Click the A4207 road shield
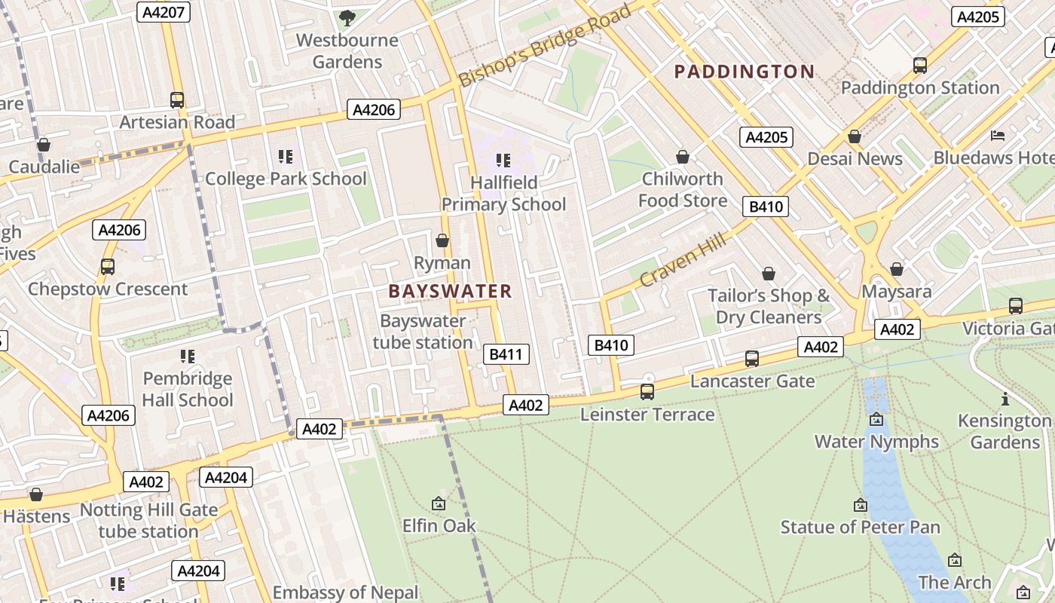tap(163, 12)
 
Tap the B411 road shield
tap(506, 354)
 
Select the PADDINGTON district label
tap(744, 72)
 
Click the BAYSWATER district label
tap(450, 291)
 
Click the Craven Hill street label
tap(683, 260)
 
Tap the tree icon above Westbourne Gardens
tap(347, 18)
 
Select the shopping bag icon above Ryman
tap(442, 240)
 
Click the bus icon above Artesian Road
tap(177, 99)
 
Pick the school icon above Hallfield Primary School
tap(503, 160)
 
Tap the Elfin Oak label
tap(439, 525)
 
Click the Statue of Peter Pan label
tap(860, 527)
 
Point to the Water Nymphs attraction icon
tap(876, 419)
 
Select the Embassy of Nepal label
tap(345, 592)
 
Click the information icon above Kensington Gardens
tap(1005, 399)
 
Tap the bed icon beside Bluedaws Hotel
tap(998, 136)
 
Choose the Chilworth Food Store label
tap(682, 190)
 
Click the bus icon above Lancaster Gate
tap(751, 359)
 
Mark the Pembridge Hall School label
tap(188, 389)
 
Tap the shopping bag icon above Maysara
tap(897, 269)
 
